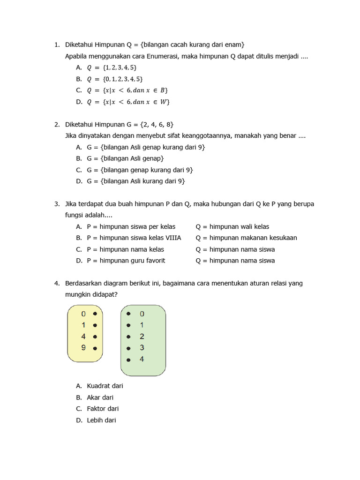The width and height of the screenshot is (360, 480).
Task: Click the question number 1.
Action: click(x=56, y=45)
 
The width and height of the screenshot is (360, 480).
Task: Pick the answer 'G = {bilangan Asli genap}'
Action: click(x=125, y=158)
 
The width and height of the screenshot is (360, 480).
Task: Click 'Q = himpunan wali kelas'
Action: click(x=232, y=226)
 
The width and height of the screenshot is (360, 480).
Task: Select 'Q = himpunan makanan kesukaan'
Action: click(x=246, y=238)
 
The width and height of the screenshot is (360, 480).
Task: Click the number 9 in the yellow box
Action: click(x=83, y=348)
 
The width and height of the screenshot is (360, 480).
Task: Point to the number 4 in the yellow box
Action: click(x=83, y=337)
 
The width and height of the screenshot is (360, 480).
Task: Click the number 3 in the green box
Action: click(x=142, y=348)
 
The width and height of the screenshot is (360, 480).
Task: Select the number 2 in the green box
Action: click(x=142, y=337)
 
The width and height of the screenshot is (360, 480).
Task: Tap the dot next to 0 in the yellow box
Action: click(x=95, y=314)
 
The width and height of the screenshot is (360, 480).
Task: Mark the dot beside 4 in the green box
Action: click(x=128, y=360)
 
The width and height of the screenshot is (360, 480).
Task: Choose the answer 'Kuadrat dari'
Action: click(x=105, y=386)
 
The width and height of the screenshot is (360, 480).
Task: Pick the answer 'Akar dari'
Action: click(x=100, y=397)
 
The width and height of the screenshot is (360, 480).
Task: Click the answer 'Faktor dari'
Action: click(x=103, y=409)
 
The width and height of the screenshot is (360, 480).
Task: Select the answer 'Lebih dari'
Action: click(x=101, y=420)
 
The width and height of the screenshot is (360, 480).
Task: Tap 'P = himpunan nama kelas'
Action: click(x=125, y=249)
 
